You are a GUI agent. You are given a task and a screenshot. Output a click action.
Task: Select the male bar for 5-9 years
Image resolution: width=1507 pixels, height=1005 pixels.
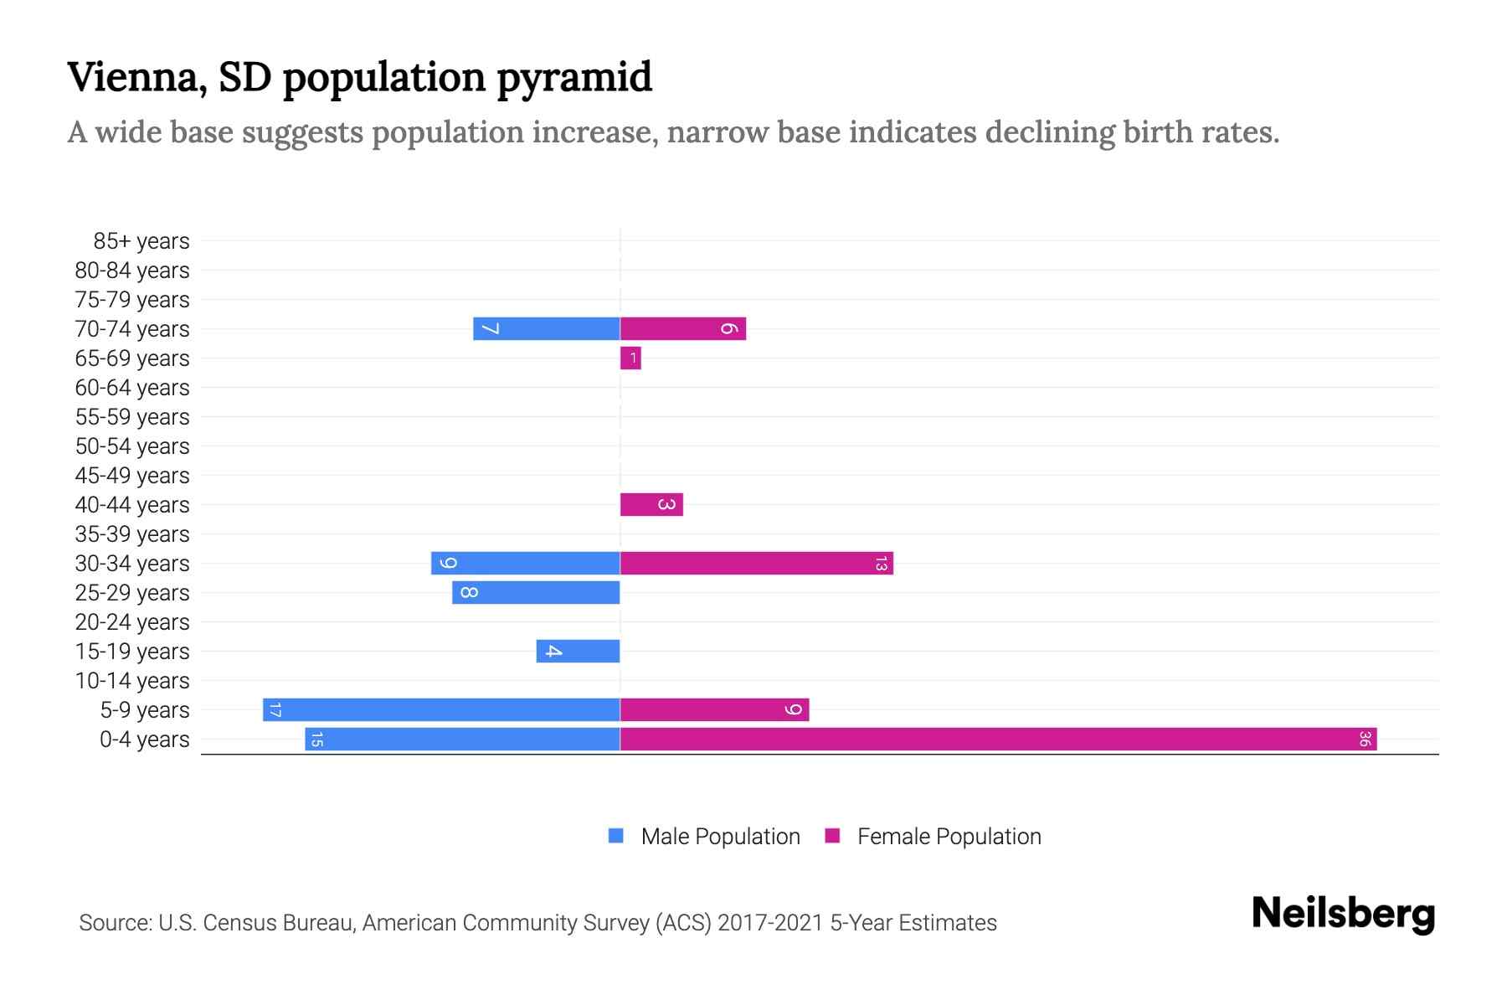(441, 709)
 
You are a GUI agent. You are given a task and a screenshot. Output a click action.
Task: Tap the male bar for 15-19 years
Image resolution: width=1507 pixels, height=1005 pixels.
(578, 651)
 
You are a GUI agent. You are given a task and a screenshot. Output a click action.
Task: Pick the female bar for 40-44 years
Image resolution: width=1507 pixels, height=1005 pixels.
(651, 504)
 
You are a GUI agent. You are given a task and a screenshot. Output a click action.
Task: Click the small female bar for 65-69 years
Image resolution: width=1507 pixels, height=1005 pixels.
(630, 358)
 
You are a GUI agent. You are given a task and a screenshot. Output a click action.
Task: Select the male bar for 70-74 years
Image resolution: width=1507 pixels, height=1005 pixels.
(546, 328)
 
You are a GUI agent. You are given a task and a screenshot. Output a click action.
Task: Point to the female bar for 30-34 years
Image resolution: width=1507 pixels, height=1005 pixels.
(756, 563)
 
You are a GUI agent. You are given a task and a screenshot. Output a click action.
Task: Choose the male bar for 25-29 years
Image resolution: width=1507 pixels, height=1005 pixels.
(536, 592)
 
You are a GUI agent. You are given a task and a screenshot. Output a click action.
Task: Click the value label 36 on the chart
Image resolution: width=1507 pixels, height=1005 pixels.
(1365, 739)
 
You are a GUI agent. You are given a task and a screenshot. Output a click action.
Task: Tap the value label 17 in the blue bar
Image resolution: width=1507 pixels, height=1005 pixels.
(275, 710)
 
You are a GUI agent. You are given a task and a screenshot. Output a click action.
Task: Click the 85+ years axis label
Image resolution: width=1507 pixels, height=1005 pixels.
(141, 241)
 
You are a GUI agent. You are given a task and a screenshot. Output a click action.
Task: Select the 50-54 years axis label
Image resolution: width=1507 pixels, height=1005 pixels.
(132, 446)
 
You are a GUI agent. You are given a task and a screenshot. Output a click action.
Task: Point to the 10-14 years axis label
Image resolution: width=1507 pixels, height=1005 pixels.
(132, 681)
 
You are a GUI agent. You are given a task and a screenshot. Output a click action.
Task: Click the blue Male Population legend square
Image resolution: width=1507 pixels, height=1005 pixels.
(616, 836)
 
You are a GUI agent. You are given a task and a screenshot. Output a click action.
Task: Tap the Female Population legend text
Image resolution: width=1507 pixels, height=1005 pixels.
(949, 836)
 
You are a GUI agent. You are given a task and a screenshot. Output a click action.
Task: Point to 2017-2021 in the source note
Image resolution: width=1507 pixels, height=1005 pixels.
(770, 923)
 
